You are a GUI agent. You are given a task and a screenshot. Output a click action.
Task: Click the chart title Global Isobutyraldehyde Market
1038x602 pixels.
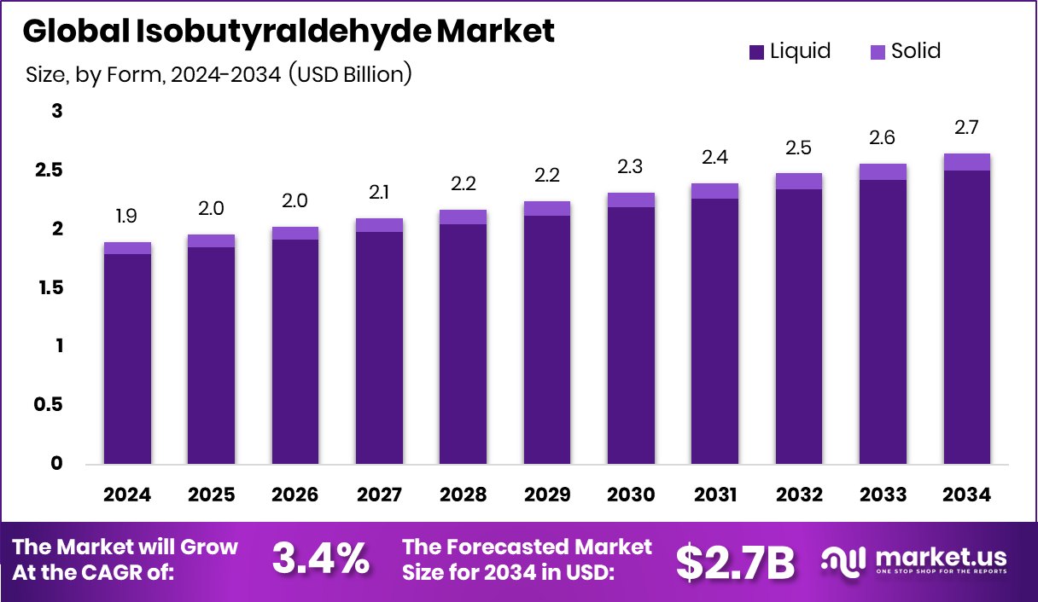tap(289, 32)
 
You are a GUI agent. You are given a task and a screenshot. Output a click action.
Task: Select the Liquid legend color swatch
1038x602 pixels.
tap(756, 52)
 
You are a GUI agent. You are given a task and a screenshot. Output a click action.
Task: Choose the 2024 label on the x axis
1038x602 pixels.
tap(127, 495)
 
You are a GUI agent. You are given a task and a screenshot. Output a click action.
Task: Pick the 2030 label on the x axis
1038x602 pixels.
tap(631, 495)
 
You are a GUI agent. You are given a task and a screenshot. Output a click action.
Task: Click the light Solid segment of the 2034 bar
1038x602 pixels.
tap(966, 162)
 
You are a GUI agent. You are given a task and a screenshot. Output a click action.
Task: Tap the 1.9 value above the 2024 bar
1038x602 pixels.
tap(127, 217)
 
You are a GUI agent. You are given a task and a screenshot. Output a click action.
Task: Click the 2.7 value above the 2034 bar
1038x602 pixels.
tap(966, 128)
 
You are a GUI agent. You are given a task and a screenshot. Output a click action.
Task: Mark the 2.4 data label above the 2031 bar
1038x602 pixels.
tap(714, 158)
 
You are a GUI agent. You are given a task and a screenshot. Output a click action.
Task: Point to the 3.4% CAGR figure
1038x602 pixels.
tap(321, 559)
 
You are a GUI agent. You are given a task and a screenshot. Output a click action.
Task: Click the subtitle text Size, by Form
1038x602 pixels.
tap(94, 75)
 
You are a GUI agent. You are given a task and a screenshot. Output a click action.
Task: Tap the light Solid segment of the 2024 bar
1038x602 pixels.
tap(127, 248)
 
